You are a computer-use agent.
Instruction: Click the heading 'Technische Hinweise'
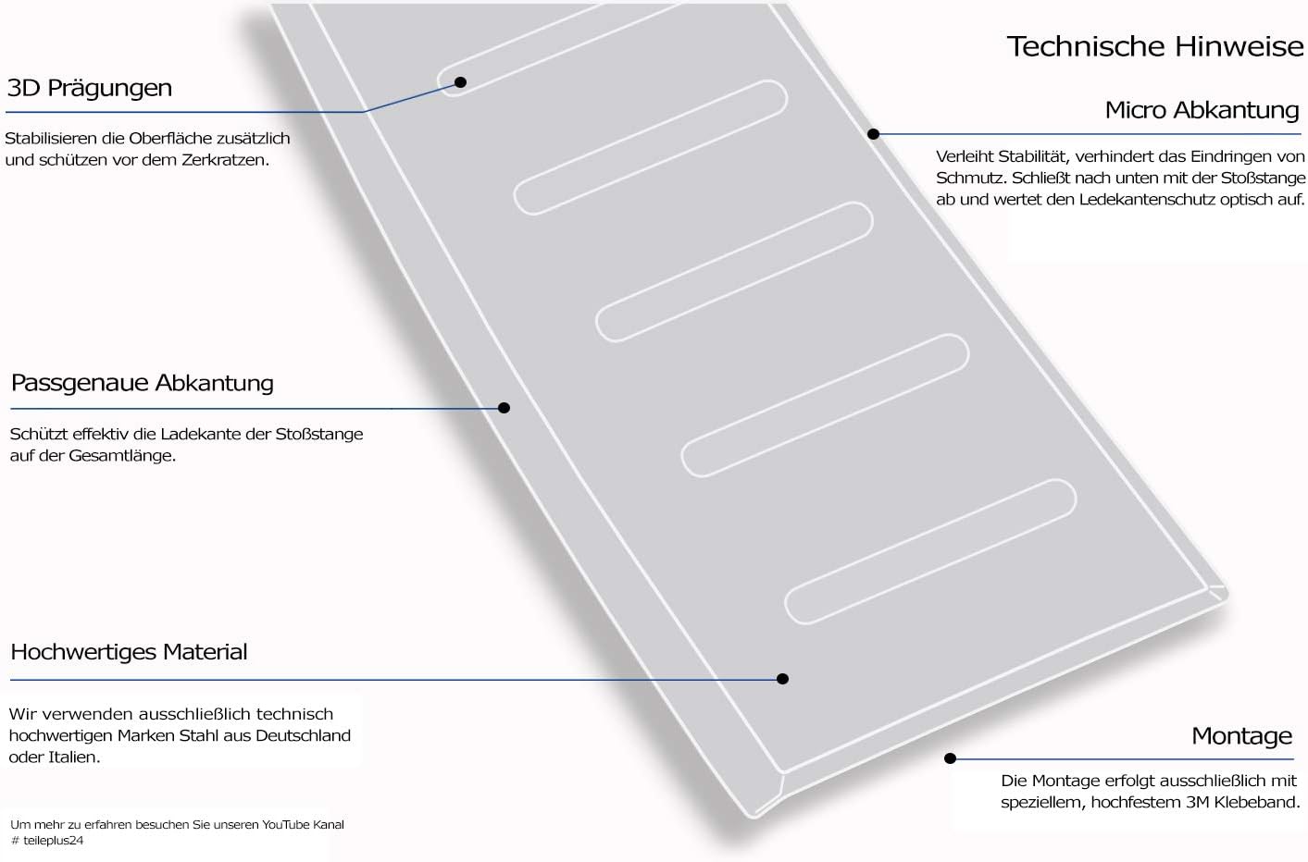click(x=1155, y=46)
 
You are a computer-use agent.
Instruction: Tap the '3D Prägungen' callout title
click(x=90, y=88)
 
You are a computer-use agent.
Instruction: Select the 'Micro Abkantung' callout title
click(x=1202, y=110)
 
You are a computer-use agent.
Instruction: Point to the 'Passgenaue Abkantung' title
click(x=143, y=384)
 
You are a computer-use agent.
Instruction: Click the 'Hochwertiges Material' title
click(x=129, y=652)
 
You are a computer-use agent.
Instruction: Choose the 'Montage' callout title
click(x=1241, y=735)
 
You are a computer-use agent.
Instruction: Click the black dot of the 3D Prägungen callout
click(x=460, y=82)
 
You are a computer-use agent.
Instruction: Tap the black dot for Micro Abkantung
click(x=873, y=134)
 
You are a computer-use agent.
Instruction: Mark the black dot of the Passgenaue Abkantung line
click(x=504, y=407)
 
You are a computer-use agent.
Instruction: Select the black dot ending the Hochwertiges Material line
click(x=782, y=679)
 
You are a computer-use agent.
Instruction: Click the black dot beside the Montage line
click(x=950, y=758)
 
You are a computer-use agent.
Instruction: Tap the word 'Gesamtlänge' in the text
click(x=121, y=456)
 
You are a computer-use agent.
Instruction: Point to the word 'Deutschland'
click(x=303, y=735)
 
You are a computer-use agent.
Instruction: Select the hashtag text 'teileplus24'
click(x=53, y=841)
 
